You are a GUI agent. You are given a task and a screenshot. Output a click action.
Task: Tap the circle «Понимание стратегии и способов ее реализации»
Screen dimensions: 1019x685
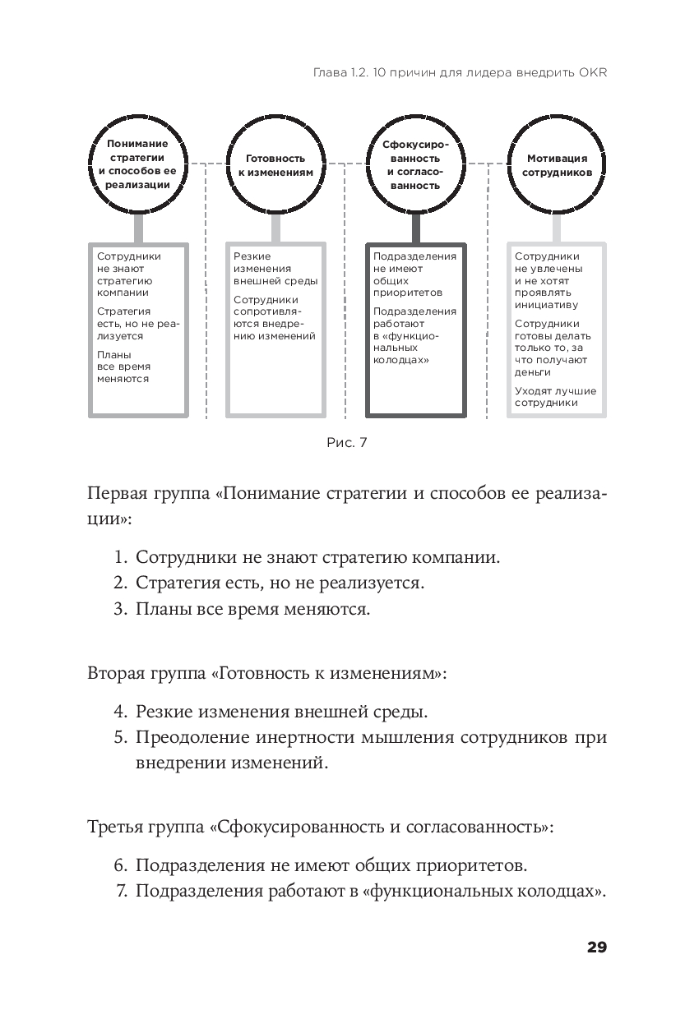click(x=137, y=164)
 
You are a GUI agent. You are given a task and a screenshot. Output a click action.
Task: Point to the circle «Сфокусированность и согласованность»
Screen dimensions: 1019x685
click(x=415, y=164)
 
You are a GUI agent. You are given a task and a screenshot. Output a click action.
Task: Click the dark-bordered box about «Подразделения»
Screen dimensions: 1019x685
click(x=415, y=330)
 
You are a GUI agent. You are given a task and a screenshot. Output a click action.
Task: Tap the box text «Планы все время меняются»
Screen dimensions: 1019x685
click(x=123, y=367)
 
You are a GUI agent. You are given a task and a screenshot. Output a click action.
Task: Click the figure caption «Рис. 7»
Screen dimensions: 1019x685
click(x=346, y=443)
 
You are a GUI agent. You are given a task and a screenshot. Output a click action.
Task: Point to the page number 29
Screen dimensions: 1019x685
click(x=596, y=948)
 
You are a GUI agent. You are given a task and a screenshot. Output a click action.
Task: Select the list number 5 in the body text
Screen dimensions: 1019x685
click(x=120, y=736)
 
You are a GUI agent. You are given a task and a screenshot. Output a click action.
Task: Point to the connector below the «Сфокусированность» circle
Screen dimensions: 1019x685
click(x=415, y=228)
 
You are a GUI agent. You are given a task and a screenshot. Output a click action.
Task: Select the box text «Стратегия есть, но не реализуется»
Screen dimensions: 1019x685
click(x=137, y=324)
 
